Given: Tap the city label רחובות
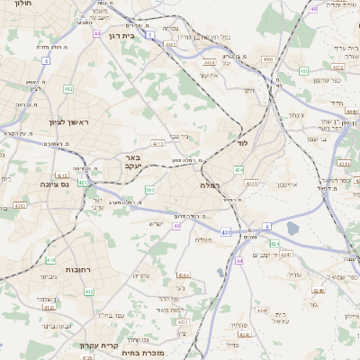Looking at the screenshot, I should click(x=75, y=270).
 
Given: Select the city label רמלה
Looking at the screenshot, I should click(x=211, y=184).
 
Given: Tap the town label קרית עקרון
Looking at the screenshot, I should click(x=106, y=346).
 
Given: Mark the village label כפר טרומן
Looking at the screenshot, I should click(x=329, y=80).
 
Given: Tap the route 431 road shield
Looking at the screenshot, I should click(x=224, y=232).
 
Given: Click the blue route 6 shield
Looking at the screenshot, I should click(x=267, y=226).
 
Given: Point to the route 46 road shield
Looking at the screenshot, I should click(x=313, y=8).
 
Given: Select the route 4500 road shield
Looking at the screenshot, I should click(x=267, y=59).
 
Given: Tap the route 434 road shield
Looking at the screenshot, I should click(x=238, y=169).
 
